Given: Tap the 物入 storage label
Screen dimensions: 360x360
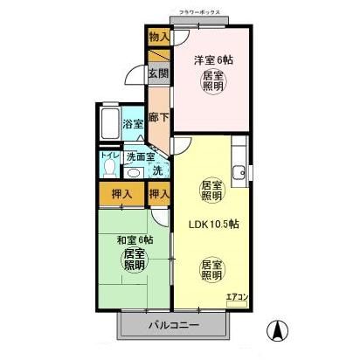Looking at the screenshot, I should click(x=159, y=38).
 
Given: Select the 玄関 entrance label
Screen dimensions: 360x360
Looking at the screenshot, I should click(x=157, y=74).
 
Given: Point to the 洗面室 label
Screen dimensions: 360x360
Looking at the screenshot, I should click(x=139, y=156).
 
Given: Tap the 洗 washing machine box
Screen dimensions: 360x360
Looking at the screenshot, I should click(x=158, y=170).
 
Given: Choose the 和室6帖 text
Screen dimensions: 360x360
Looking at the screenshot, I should click(x=134, y=239).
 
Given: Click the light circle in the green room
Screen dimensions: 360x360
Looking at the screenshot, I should click(x=134, y=260).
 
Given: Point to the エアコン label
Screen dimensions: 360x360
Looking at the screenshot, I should click(x=237, y=298).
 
